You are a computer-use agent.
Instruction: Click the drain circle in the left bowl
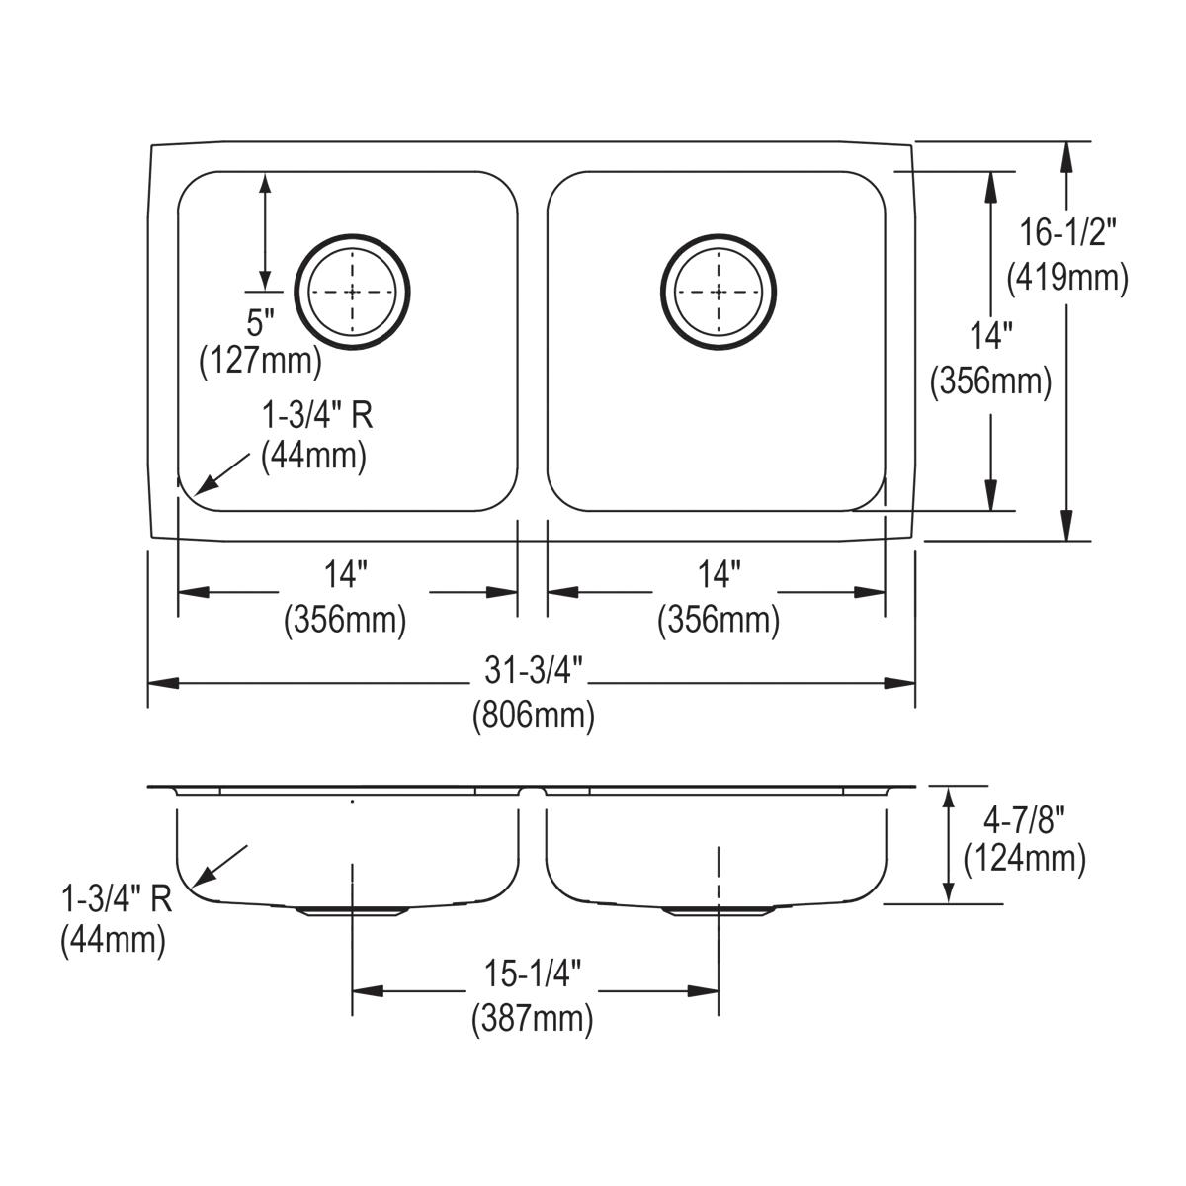[353, 292]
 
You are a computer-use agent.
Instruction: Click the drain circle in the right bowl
[719, 292]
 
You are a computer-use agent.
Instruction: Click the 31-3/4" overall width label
[534, 671]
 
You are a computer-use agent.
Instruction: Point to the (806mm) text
[534, 714]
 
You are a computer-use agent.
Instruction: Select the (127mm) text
[262, 361]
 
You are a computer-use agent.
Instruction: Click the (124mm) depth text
[1024, 858]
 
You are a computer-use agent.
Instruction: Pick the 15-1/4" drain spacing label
[534, 975]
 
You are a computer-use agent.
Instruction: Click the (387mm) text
[534, 1017]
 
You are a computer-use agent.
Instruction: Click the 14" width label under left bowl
[345, 575]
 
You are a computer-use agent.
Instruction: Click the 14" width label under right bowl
[719, 575]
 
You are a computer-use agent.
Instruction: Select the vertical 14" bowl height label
[990, 337]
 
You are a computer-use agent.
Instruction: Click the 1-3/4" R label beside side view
[117, 899]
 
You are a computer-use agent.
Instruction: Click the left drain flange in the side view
[353, 911]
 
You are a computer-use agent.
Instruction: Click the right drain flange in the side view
[719, 911]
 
